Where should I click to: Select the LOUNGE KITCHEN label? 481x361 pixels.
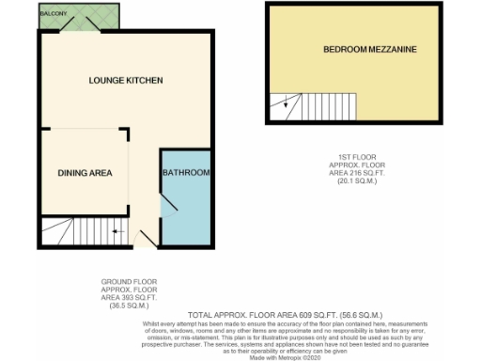coord(127,80)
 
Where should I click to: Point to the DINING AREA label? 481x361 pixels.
coord(85,173)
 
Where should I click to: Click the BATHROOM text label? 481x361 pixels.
coord(186,173)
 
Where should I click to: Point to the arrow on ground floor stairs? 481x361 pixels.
coord(116,230)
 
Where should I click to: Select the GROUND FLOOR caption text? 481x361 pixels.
coord(130,281)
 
